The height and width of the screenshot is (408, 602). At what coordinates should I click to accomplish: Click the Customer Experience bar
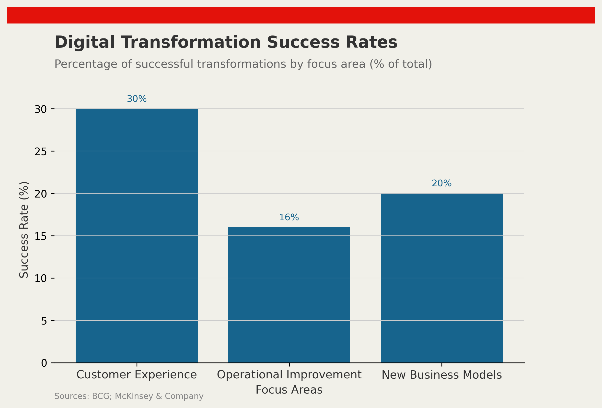click(137, 236)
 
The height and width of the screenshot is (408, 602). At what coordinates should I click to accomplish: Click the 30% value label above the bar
click(137, 99)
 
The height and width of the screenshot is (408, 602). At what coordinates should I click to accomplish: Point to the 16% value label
click(289, 217)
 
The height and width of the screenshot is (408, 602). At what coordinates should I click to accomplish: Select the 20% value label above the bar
click(442, 183)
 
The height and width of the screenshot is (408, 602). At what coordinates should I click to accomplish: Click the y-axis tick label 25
click(41, 152)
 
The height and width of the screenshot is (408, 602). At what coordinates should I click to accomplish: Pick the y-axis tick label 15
click(41, 236)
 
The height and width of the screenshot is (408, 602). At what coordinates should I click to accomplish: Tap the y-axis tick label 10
click(41, 279)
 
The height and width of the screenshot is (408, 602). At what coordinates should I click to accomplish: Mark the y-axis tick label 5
click(44, 321)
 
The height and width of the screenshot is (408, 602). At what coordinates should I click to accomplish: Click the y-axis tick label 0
click(44, 363)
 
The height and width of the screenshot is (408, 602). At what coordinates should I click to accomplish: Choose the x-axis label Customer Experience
click(137, 375)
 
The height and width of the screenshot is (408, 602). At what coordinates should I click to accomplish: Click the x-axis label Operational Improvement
click(289, 375)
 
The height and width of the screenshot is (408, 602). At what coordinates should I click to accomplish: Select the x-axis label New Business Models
click(442, 375)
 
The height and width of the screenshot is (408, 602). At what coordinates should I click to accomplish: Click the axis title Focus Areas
click(289, 390)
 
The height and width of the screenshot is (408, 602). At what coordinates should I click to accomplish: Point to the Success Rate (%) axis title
click(24, 230)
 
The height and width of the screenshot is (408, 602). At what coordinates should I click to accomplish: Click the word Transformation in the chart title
click(191, 43)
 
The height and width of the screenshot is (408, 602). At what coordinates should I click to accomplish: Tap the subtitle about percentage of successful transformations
click(243, 64)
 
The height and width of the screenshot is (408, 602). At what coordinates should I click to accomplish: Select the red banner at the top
click(301, 15)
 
